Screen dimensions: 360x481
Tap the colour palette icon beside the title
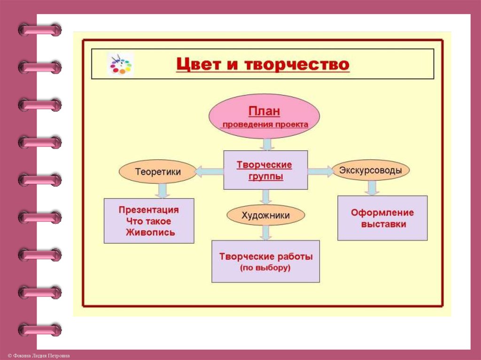121,64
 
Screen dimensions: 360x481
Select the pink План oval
264,116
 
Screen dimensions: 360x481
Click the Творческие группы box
265,170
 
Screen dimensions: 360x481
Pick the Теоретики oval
158,172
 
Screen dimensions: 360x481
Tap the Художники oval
265,215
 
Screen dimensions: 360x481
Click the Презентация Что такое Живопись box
148,221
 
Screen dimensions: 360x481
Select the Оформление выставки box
382,218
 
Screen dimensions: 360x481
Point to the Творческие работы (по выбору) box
265,261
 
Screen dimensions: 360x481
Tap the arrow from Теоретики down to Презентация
163,190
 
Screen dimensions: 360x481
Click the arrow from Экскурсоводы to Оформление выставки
372,187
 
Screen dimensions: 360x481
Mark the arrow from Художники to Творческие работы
266,232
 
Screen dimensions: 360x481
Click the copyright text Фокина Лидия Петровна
35,356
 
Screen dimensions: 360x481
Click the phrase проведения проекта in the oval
265,124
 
